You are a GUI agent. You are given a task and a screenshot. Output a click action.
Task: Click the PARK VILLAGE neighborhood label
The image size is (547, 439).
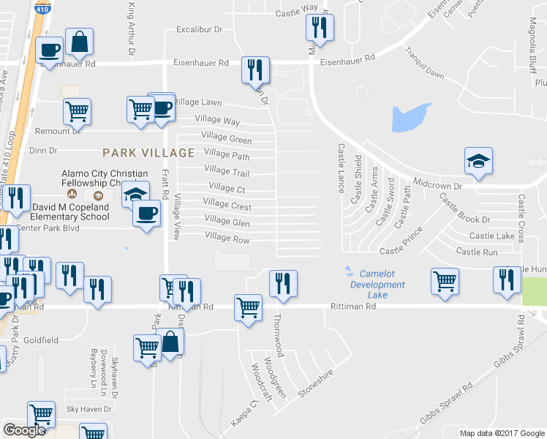coord(148,153)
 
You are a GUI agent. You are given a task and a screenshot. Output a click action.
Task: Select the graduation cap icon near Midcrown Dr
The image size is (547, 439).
coord(478,161)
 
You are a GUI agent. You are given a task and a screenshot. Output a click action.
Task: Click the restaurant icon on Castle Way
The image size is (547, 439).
coord(319,28)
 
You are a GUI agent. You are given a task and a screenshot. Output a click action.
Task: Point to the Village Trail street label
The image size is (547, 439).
coord(227,172)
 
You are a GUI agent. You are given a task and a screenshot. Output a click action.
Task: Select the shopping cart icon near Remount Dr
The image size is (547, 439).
coord(77,111)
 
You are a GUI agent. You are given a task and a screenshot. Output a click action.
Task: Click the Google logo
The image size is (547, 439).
coord(24,430)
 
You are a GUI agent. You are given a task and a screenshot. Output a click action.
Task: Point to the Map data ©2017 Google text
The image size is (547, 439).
coord(501,433)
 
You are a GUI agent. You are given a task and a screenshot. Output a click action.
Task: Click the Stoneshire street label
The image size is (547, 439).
coord(315,383)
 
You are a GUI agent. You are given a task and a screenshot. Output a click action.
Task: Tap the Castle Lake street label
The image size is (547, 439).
coord(491,236)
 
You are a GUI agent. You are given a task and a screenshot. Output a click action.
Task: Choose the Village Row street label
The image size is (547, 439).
coord(227,238)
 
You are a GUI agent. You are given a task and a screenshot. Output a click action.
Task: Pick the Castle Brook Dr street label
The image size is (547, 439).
coord(465,219)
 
